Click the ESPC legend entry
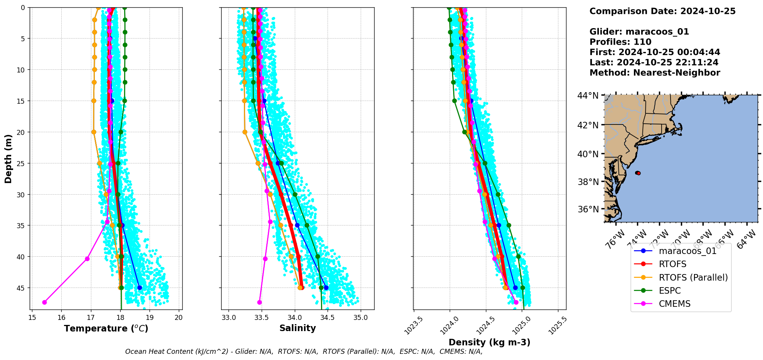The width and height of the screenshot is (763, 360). point(670,291)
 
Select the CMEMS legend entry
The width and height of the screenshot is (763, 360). point(674,304)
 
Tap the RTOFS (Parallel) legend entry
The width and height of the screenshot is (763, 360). point(693,278)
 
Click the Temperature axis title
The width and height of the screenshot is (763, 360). point(106,328)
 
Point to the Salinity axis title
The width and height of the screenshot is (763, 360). point(297,328)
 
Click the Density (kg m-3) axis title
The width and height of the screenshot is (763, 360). point(489,342)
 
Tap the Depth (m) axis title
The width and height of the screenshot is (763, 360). point(8,159)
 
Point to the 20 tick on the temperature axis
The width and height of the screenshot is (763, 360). point(179,318)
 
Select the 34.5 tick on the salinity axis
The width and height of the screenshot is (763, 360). point(328,318)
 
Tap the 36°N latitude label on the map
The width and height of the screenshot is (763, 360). point(588,209)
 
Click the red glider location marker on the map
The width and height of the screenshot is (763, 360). point(638,173)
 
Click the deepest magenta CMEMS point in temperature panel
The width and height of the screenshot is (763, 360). point(44,302)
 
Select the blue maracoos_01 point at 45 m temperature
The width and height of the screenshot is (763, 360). point(139,288)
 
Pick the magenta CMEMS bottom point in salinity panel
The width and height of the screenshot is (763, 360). point(259,302)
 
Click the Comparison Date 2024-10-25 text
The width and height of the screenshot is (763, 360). point(662,11)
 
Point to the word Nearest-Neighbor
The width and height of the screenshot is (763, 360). point(677,72)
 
